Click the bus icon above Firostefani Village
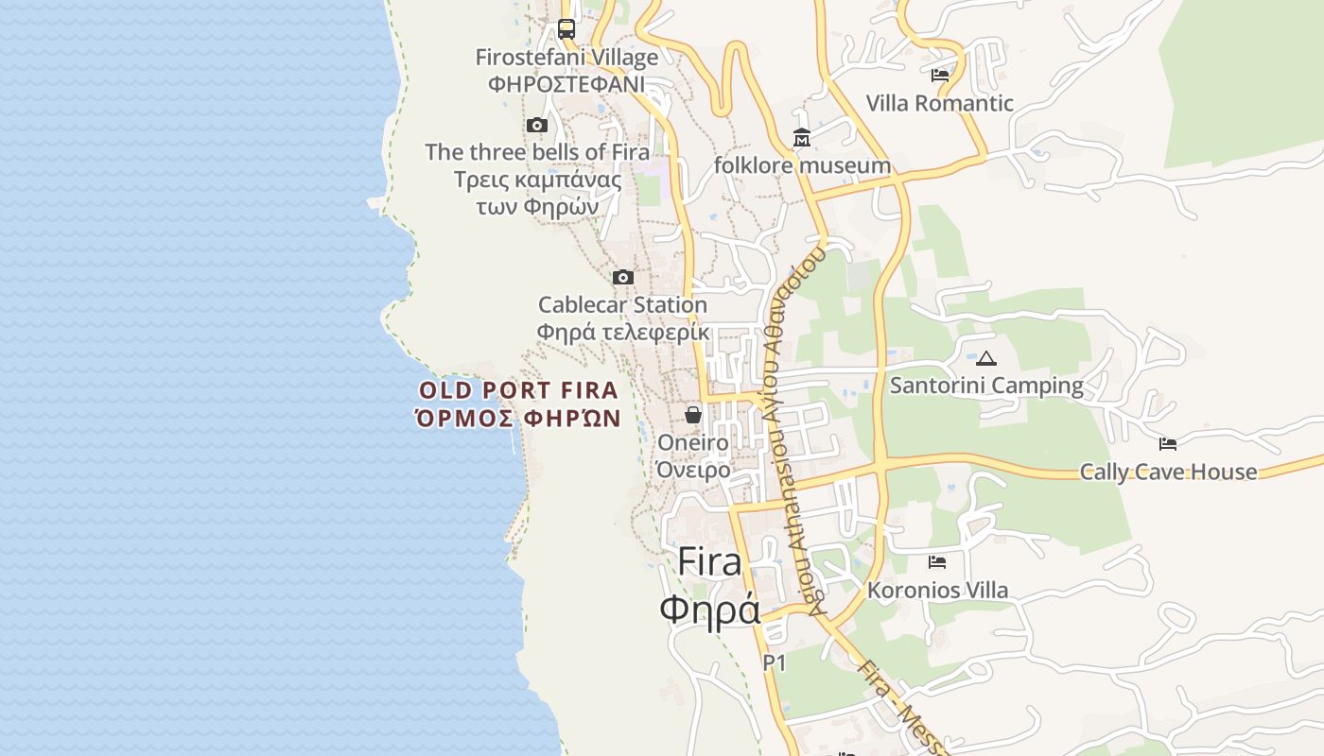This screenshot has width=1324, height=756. click(566, 28)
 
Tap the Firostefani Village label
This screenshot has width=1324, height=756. click(566, 58)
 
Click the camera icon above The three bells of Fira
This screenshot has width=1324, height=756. click(537, 125)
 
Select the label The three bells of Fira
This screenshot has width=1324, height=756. click(537, 152)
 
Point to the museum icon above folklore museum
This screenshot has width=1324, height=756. click(802, 139)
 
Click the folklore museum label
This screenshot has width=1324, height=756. click(802, 166)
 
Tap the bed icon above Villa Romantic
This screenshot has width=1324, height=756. click(940, 76)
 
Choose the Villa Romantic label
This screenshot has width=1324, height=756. click(940, 103)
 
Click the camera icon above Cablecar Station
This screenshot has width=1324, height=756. click(623, 277)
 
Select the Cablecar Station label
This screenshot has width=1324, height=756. click(623, 305)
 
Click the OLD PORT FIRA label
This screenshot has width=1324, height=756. click(518, 390)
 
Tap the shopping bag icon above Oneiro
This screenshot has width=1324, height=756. click(693, 415)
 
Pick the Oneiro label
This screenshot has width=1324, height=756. click(693, 442)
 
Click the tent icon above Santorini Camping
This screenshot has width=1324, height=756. click(986, 358)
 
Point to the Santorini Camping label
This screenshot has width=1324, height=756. click(986, 386)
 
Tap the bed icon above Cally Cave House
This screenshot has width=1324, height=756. click(1168, 443)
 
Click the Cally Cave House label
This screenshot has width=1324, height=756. click(1168, 472)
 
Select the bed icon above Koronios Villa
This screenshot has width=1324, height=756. click(937, 562)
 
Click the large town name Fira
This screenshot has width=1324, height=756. click(710, 562)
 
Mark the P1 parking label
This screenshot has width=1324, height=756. click(775, 663)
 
